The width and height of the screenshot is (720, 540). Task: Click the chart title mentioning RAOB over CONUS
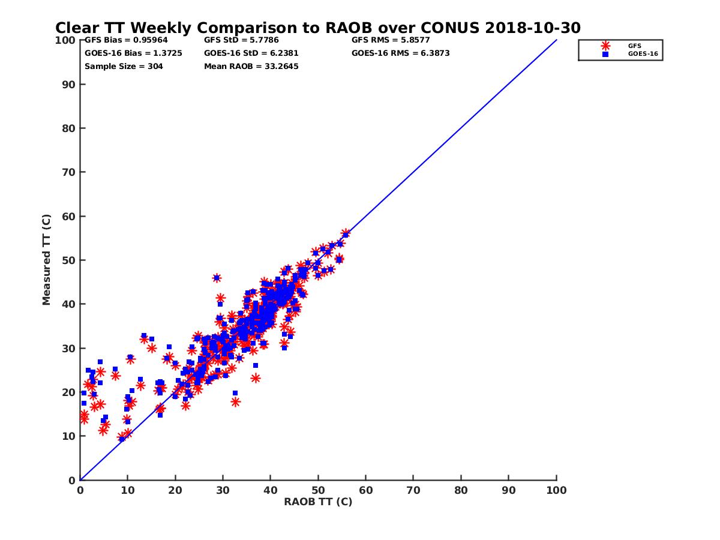click(x=318, y=28)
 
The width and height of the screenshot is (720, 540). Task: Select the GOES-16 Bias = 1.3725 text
click(x=133, y=53)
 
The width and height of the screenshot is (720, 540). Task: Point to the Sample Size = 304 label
click(x=124, y=66)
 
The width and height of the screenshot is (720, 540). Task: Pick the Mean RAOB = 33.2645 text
click(x=251, y=66)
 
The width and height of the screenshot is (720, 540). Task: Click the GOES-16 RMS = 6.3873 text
click(x=401, y=53)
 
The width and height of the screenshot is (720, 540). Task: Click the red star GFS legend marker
click(x=605, y=46)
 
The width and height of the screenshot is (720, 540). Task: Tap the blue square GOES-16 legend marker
click(x=605, y=54)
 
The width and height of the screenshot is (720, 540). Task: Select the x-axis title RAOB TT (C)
click(x=318, y=502)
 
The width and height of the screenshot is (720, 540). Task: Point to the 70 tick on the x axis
click(x=413, y=490)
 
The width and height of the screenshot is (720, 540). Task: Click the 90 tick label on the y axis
click(x=69, y=84)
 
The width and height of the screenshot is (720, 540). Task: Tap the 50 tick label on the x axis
click(x=318, y=490)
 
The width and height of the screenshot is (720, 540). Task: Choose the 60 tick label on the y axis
click(x=69, y=216)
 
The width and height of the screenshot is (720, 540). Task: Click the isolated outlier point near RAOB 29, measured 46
click(x=217, y=278)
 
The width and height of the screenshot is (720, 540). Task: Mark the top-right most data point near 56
click(x=346, y=233)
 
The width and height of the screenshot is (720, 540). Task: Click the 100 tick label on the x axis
click(x=557, y=490)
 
